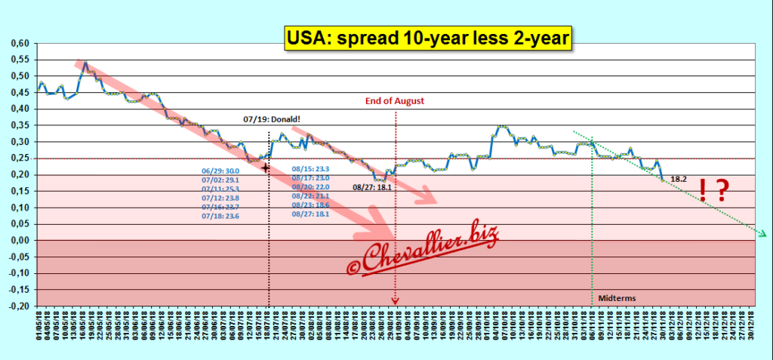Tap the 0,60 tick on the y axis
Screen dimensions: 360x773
(x=19, y=44)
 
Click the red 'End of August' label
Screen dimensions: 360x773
(x=395, y=100)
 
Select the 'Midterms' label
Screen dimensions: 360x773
(x=617, y=298)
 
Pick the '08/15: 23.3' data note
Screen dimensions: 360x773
(x=312, y=170)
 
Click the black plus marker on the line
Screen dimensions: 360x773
(x=266, y=168)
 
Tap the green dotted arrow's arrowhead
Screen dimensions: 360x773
(x=763, y=235)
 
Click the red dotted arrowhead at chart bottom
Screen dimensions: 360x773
(x=395, y=302)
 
